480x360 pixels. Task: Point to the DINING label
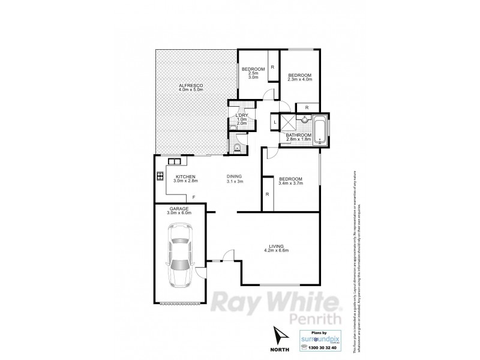click(235, 176)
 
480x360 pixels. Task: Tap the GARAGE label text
click(171, 208)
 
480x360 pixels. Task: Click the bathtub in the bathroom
click(321, 128)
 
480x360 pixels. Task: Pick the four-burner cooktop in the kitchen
click(160, 176)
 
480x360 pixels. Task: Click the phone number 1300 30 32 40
click(321, 347)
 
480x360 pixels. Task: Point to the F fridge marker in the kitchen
click(193, 197)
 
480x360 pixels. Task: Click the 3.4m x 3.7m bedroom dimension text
click(291, 184)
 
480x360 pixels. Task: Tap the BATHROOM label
click(298, 136)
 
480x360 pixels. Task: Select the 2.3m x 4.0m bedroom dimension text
click(300, 79)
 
